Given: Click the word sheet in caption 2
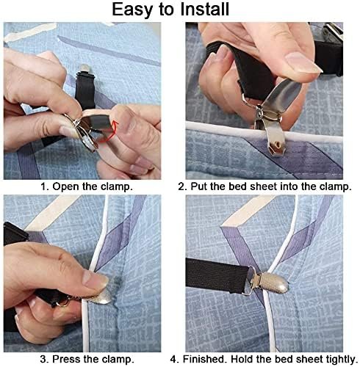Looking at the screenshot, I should tap(261, 186).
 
